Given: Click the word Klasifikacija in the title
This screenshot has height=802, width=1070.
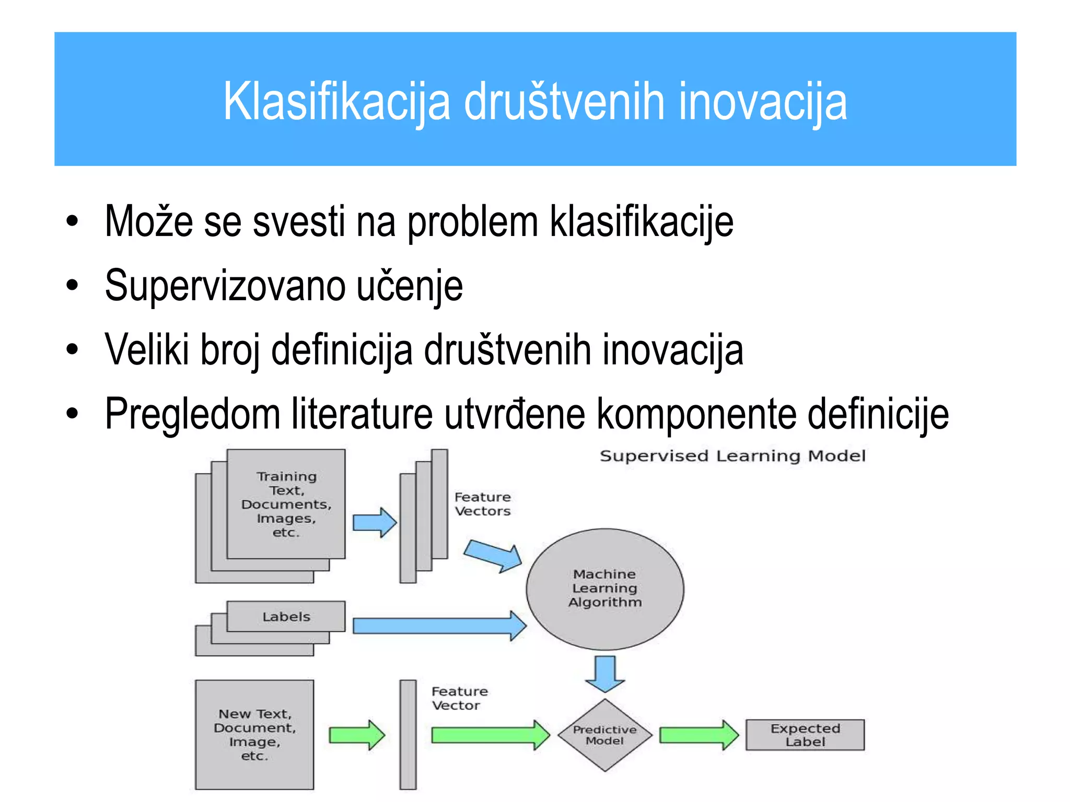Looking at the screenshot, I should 336,101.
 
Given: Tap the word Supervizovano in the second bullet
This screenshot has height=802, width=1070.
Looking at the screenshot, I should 225,286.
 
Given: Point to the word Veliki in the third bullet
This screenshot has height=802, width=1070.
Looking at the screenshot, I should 147,350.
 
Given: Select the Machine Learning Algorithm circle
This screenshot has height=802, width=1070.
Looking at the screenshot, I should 604,588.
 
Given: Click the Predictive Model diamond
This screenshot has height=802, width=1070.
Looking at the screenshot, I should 604,735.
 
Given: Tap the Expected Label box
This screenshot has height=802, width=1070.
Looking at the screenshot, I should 805,735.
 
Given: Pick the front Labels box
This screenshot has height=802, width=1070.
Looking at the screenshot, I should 286,617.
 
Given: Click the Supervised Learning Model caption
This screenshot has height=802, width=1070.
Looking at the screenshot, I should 732,456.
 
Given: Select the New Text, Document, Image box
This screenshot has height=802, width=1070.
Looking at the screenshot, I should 254,734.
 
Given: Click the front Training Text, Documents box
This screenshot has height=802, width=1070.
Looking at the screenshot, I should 286,504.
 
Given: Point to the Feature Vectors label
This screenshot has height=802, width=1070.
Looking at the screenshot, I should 482,504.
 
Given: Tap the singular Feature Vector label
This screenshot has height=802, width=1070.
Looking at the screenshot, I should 459,698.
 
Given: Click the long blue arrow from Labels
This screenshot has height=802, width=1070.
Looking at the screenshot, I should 439,626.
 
